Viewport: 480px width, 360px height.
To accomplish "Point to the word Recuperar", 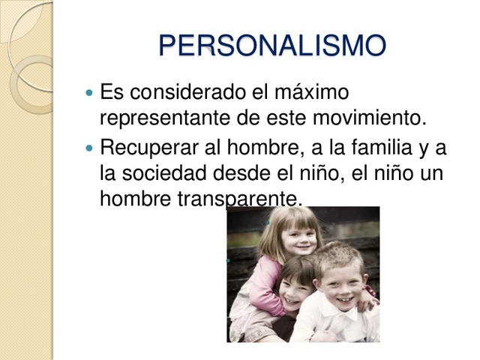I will point(147,148).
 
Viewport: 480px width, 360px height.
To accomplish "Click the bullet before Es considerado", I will point(90,94).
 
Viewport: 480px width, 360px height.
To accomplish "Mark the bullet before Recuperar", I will point(90,148).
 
